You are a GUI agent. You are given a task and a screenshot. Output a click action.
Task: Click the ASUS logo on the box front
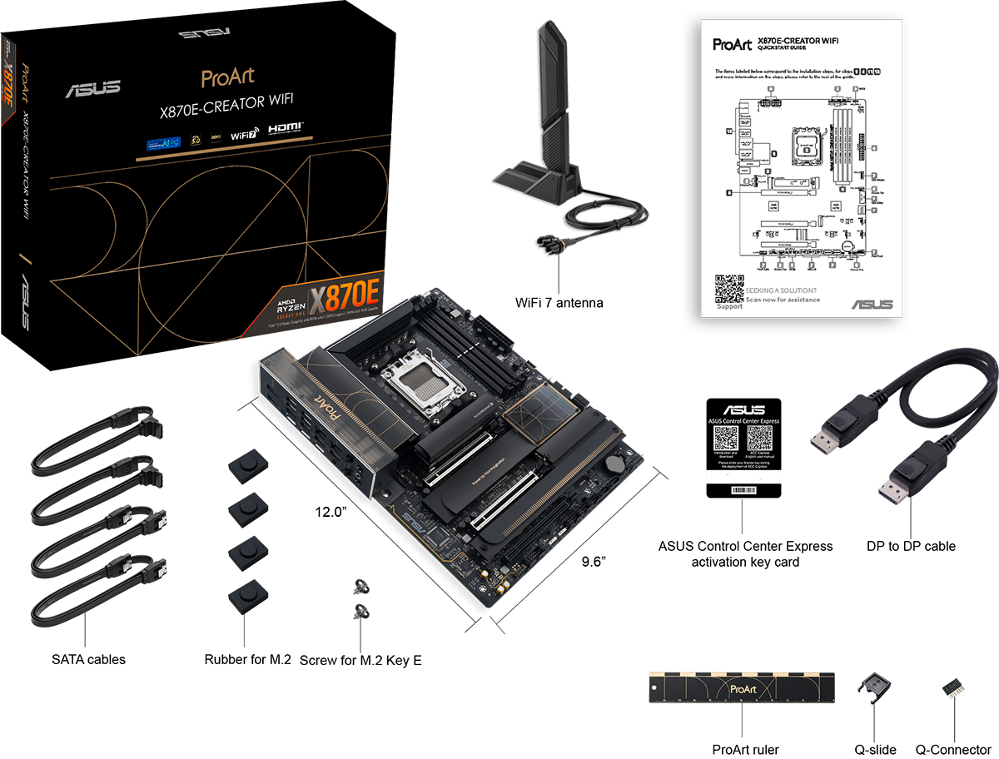click(x=93, y=88)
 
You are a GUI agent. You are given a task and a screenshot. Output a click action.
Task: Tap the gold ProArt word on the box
click(x=227, y=77)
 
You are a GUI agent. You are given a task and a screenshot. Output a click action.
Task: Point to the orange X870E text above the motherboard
click(x=345, y=297)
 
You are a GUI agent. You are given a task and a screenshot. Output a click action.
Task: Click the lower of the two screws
click(x=360, y=613)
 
